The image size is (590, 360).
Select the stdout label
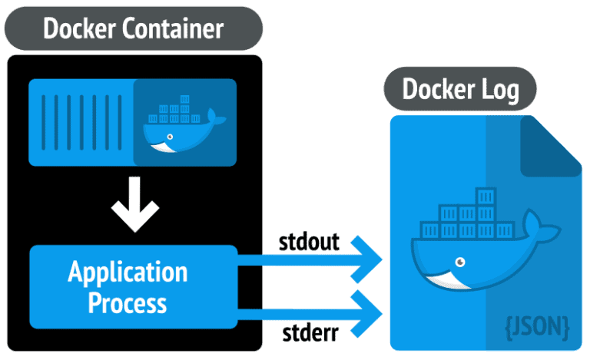pyautogui.click(x=313, y=243)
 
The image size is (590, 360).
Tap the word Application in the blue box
pyautogui.click(x=128, y=272)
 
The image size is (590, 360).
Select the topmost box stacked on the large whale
pyautogui.click(x=486, y=197)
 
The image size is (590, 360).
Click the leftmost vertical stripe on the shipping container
pyautogui.click(x=44, y=123)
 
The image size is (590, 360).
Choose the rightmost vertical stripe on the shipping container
pyautogui.click(x=121, y=123)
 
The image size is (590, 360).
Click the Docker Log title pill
pyautogui.click(x=461, y=91)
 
